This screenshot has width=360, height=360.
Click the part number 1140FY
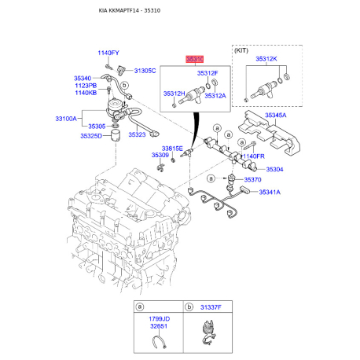[108, 53]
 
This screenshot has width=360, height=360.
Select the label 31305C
[145, 71]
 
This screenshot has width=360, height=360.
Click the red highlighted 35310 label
[194, 59]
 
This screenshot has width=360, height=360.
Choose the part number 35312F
[208, 72]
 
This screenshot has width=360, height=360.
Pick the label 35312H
[174, 94]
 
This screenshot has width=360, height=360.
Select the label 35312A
[215, 94]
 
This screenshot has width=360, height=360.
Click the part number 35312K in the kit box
[268, 59]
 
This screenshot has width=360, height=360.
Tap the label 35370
[253, 180]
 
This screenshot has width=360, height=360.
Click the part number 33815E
[172, 148]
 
